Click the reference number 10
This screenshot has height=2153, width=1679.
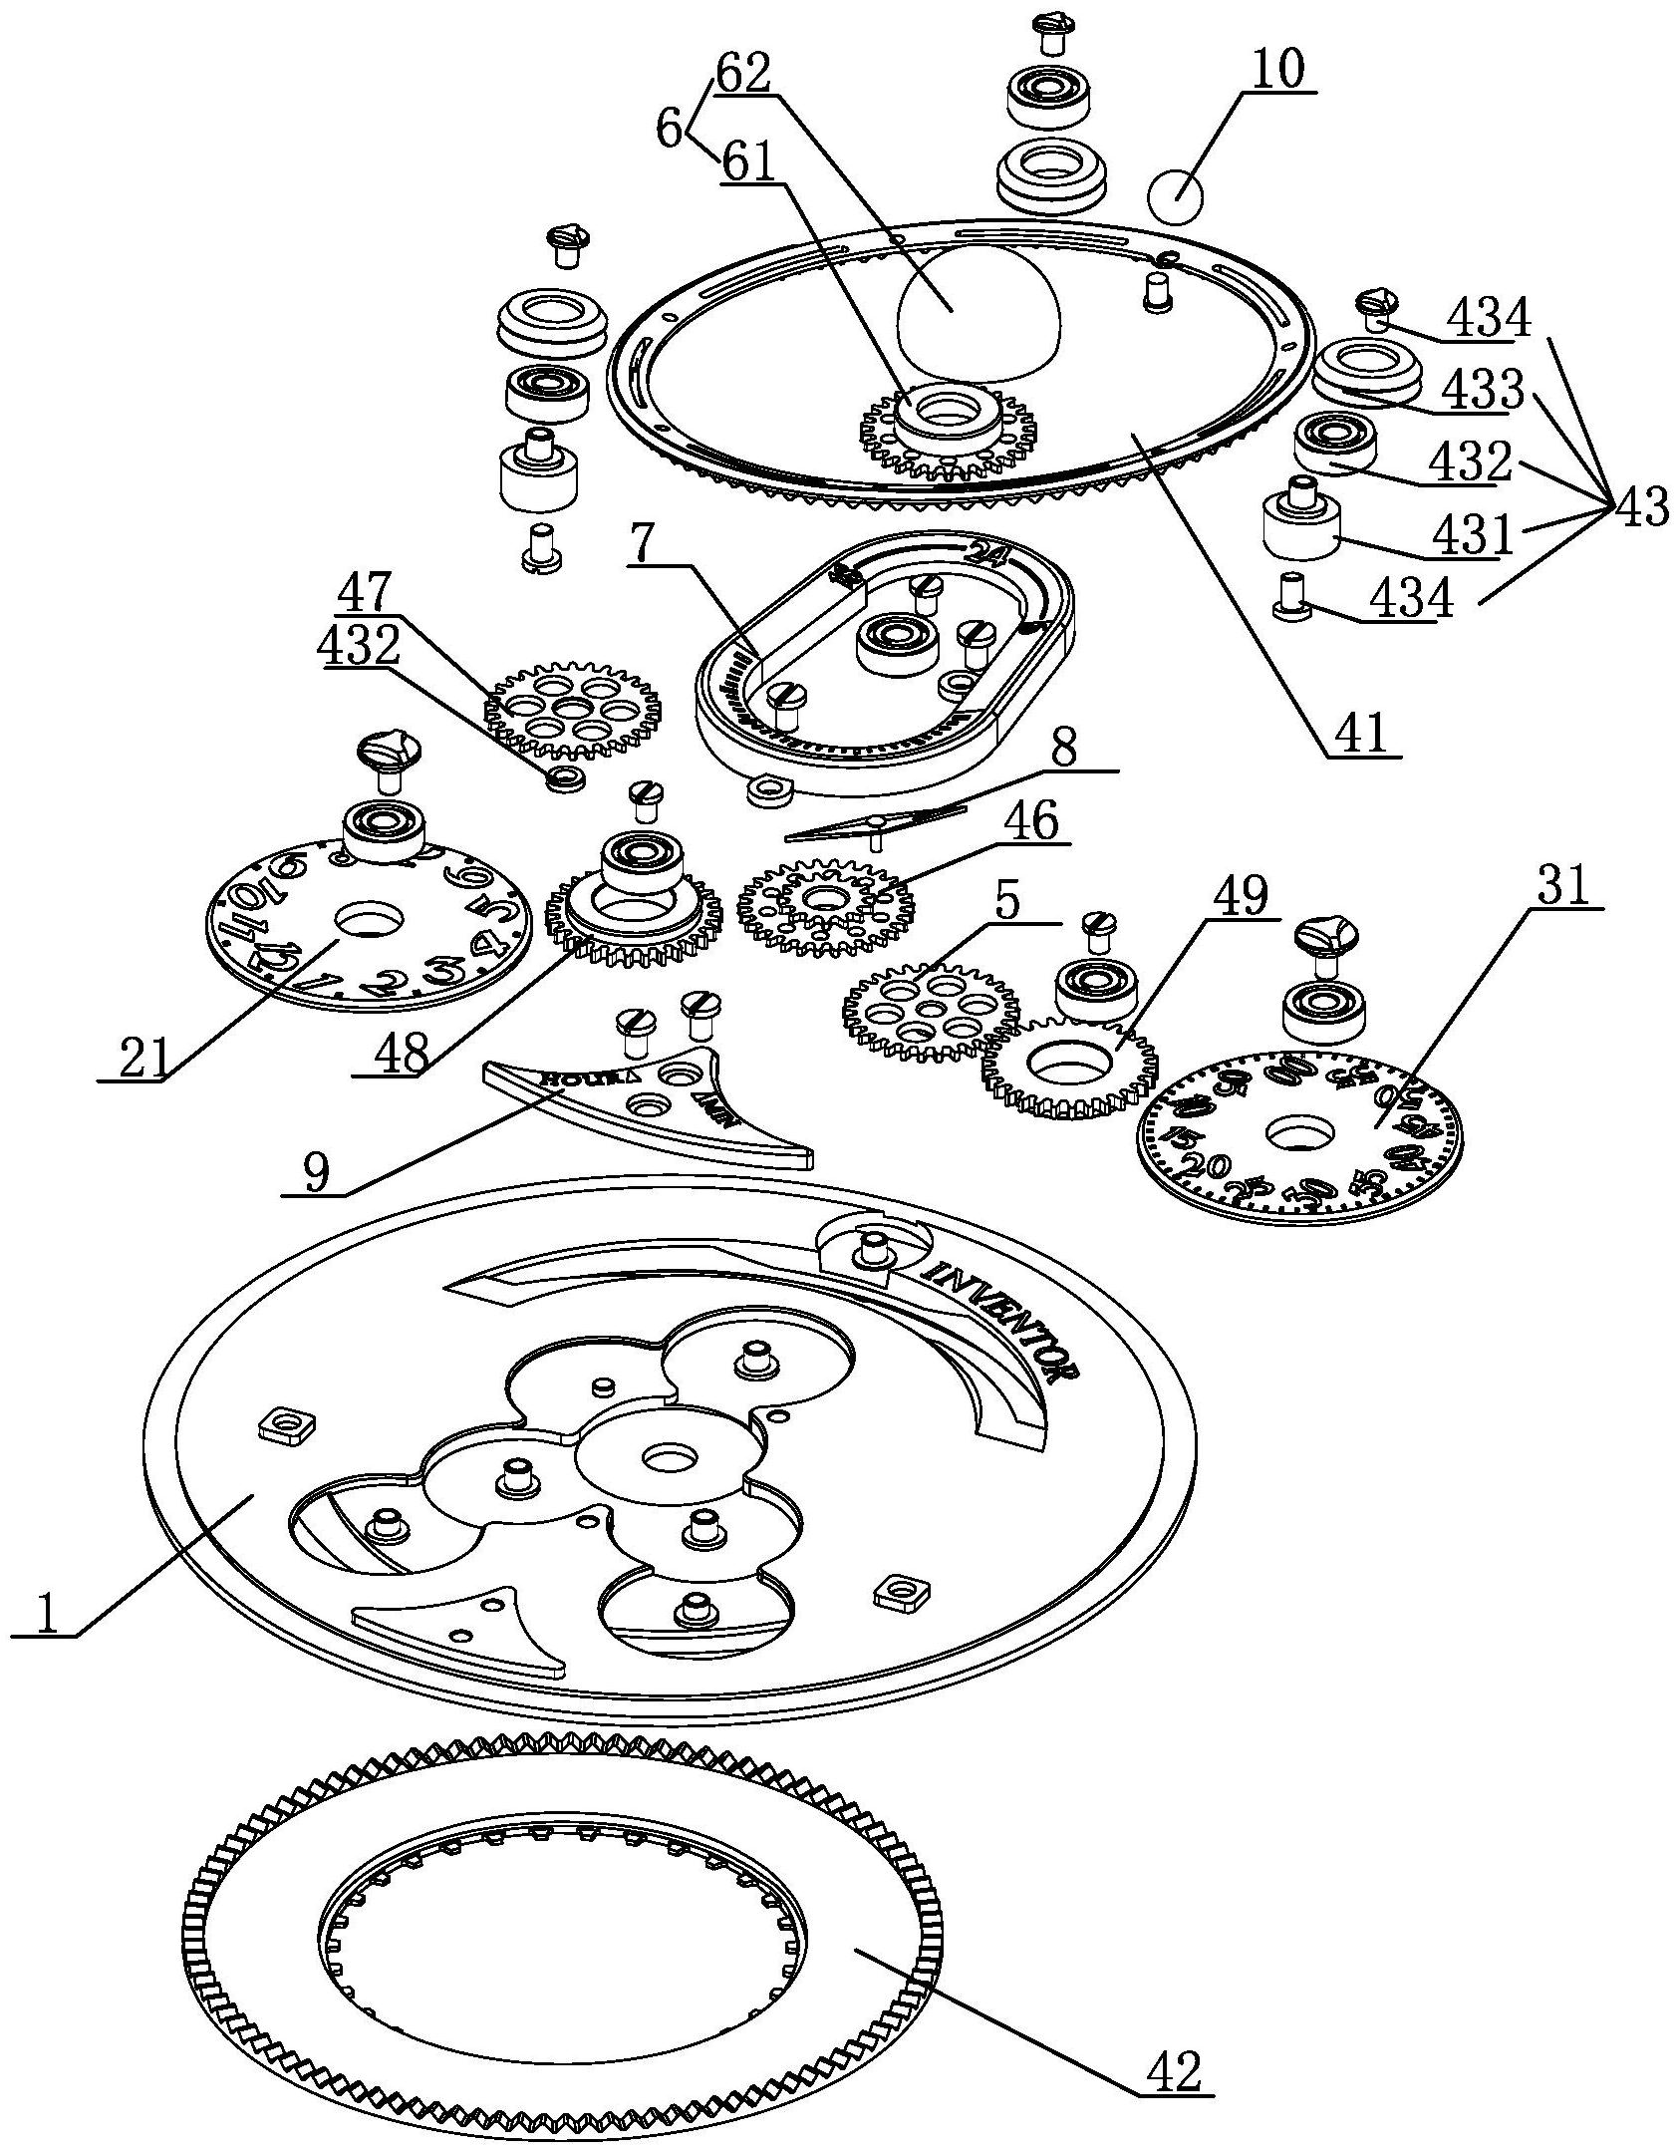1278,71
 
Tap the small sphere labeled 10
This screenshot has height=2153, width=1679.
1176,194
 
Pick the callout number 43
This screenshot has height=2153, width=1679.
1640,508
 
